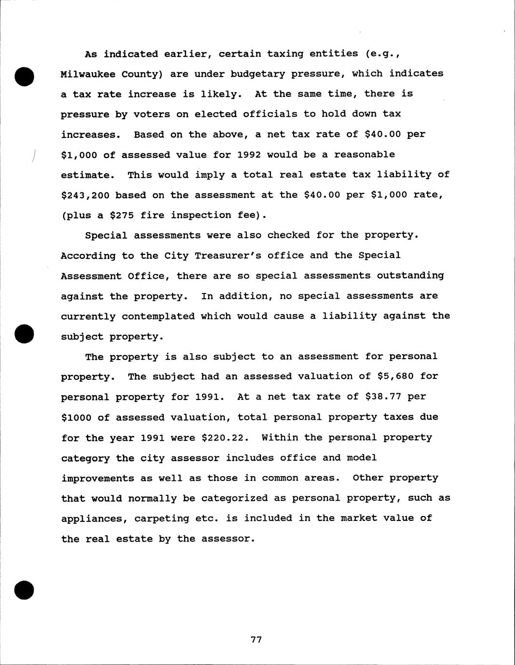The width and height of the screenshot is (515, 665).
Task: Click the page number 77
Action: coord(256,639)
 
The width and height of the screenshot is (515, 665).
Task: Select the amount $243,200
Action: coord(85,195)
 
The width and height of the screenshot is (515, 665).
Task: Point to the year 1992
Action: coord(249,155)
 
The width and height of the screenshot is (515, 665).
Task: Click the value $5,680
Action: coord(395,376)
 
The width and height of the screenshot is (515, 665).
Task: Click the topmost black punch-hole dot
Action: coord(25,77)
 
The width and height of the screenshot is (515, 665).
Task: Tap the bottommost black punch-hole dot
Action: coord(25,589)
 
